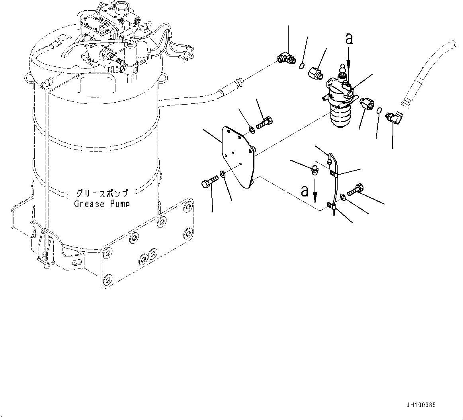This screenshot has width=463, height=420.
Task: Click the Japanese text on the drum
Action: (x=102, y=194)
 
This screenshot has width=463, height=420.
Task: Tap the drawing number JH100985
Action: (x=421, y=405)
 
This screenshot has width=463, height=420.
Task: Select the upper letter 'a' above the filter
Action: (x=349, y=39)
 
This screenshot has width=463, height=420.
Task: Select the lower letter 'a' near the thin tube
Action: (x=305, y=191)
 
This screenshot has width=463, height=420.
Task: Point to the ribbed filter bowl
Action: (x=342, y=115)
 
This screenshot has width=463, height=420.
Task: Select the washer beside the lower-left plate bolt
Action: (x=223, y=174)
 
